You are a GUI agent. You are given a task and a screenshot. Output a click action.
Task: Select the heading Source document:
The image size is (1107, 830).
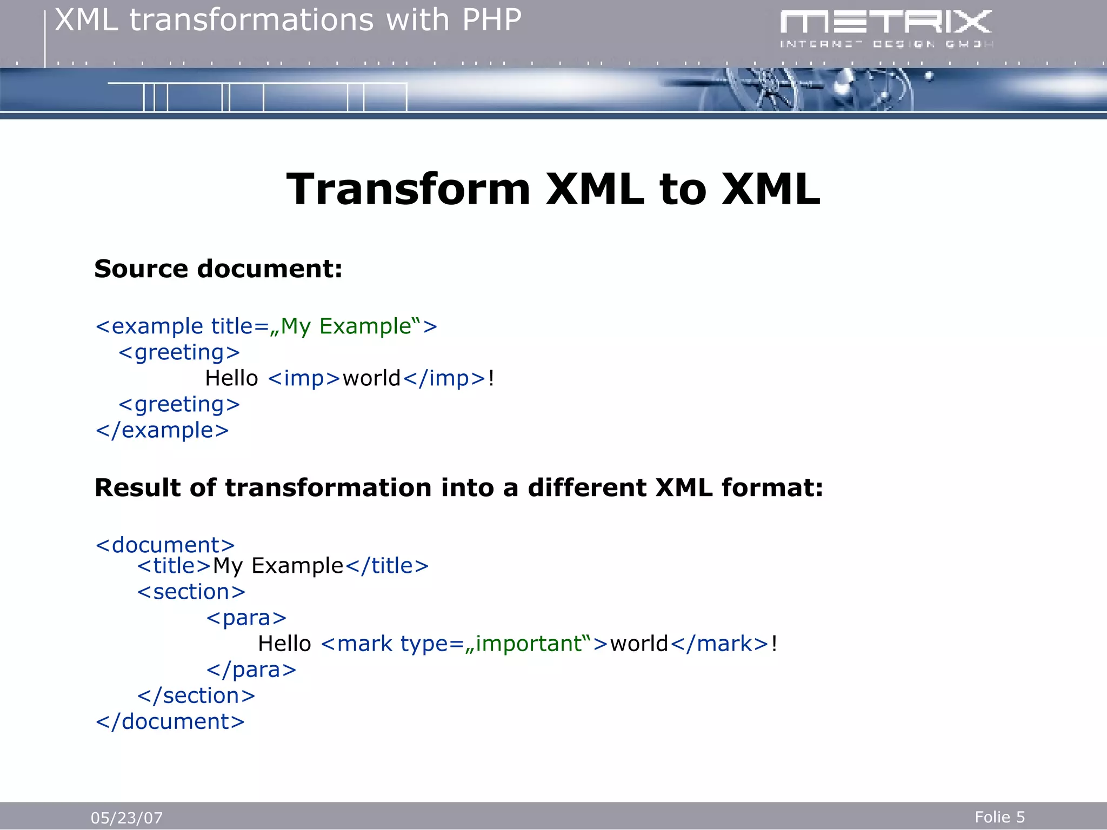point(218,269)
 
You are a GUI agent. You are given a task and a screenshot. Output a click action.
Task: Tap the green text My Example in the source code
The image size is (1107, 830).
point(346,326)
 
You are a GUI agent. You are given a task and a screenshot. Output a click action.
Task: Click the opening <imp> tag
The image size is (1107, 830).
point(304,378)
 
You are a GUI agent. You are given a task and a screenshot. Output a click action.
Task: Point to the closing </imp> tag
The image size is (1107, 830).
point(444,378)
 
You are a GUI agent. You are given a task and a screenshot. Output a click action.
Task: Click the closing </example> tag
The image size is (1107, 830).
point(162,430)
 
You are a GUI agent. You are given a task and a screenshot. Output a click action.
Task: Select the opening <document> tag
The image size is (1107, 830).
point(165,545)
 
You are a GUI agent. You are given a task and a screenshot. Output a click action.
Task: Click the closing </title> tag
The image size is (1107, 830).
point(386,566)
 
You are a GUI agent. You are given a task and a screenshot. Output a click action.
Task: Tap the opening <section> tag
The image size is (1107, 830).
point(191,592)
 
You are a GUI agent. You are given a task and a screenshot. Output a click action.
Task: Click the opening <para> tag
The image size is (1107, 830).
point(246,618)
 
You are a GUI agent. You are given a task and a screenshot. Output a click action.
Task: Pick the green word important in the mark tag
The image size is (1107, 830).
point(528,644)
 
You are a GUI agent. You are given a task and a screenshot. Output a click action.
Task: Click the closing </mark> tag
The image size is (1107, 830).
point(719,644)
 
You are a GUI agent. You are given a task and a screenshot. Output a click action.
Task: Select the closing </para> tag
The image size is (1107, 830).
point(251,670)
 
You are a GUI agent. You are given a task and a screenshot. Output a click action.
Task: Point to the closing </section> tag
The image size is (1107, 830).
point(196,695)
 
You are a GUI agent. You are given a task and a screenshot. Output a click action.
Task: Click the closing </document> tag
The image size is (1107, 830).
point(170,721)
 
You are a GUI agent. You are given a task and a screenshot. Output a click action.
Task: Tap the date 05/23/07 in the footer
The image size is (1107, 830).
point(126,818)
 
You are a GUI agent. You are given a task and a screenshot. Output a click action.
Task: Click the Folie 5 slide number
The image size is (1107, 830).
point(999,816)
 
